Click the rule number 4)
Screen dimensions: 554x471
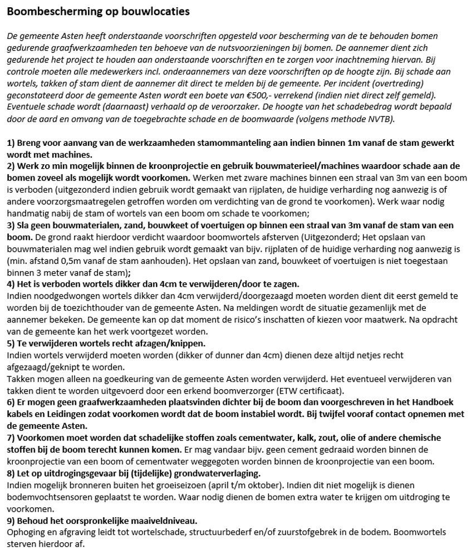[11, 283]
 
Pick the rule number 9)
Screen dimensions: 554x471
[11, 520]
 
